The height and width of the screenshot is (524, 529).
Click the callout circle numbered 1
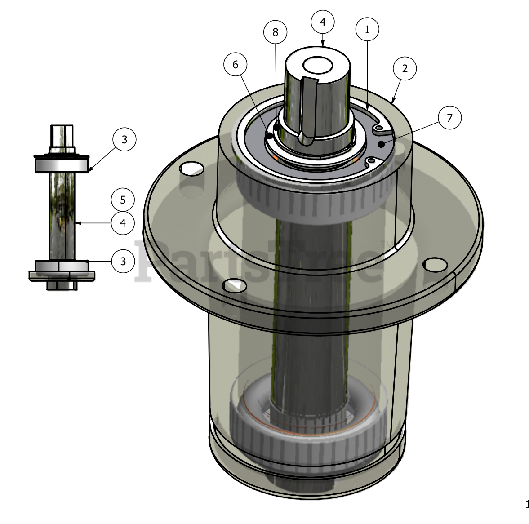coord(367,29)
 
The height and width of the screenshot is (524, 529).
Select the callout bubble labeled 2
coord(405,68)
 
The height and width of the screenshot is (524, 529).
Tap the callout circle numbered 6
coord(236,64)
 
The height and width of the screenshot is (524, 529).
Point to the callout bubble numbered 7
coord(449,118)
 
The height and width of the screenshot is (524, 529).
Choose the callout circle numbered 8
coord(276,32)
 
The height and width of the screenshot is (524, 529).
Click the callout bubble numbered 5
coord(123,200)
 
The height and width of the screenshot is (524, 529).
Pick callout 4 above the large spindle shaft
coord(323,22)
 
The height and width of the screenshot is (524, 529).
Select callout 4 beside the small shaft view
coord(123,223)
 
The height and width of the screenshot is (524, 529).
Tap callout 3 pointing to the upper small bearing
coord(124,139)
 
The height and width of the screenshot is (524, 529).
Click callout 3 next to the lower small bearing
coord(123,261)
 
